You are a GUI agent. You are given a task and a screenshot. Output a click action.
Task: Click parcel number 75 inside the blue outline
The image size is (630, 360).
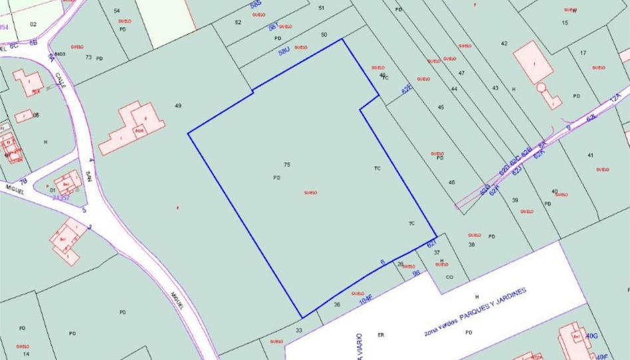point(287,165)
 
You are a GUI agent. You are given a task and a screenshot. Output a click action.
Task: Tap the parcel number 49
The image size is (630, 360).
point(178,106)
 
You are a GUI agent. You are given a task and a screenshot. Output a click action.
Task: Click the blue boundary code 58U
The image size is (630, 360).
point(284,50)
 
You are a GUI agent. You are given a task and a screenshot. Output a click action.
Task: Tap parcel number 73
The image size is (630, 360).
point(88,57)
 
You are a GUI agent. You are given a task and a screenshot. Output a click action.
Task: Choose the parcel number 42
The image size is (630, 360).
point(504,44)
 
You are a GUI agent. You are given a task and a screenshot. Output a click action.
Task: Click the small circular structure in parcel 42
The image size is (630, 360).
point(542,87)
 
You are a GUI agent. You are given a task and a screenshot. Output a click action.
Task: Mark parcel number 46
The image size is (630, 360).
point(452,182)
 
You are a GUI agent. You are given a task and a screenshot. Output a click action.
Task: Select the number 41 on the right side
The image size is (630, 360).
point(590,155)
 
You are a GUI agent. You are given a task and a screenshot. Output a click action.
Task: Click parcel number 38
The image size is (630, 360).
point(472,245)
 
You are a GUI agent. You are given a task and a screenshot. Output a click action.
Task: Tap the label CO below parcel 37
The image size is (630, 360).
point(449,277)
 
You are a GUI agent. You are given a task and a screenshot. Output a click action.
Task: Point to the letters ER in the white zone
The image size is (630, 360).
point(381,334)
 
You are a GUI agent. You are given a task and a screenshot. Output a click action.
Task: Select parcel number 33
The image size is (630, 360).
point(299,330)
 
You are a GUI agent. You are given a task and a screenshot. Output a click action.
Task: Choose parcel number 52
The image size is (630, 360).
point(238,23)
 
